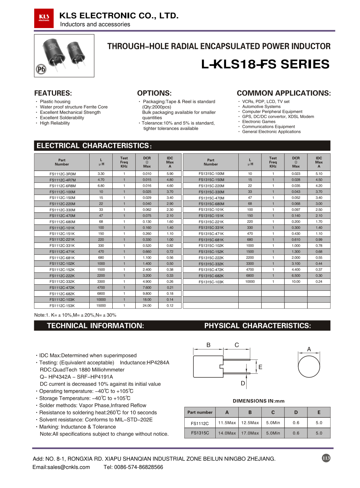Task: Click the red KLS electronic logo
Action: (44, 18)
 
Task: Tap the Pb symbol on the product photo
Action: (41, 69)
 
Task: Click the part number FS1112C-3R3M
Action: (63, 174)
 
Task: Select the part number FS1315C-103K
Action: (211, 282)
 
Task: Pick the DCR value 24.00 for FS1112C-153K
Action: (147, 306)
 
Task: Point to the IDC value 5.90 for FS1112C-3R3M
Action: (170, 174)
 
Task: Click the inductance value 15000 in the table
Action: (101, 306)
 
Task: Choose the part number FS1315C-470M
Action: (211, 198)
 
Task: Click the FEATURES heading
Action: (53, 93)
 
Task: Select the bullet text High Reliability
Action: (55, 123)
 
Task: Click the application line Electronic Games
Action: (258, 122)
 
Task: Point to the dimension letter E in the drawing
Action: (260, 367)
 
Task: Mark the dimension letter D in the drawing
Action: (243, 383)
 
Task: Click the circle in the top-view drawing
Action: (309, 366)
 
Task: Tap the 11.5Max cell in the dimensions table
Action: (227, 423)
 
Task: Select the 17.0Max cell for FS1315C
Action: (250, 433)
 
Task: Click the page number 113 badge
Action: (326, 458)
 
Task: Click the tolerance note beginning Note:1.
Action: (75, 315)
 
